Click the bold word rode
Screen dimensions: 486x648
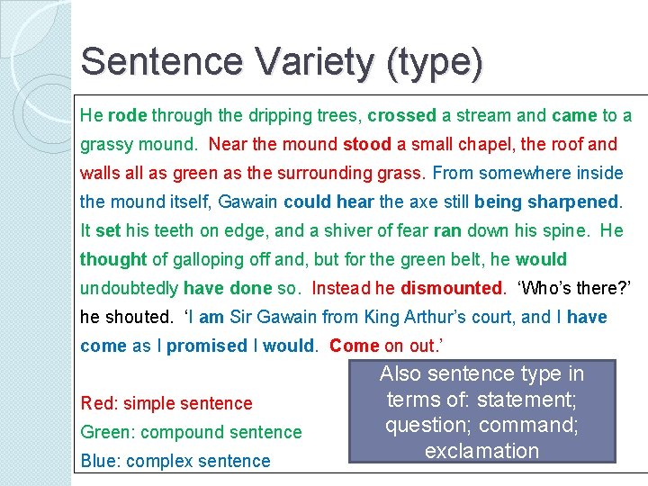(128, 115)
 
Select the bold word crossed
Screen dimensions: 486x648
(401, 115)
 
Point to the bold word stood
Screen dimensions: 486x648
(367, 144)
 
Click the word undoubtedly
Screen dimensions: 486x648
(130, 289)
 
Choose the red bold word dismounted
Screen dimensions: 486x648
(452, 289)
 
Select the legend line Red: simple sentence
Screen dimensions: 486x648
(166, 403)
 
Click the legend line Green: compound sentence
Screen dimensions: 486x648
(191, 432)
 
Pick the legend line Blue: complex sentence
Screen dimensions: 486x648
(175, 461)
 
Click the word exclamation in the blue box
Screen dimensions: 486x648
(481, 451)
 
